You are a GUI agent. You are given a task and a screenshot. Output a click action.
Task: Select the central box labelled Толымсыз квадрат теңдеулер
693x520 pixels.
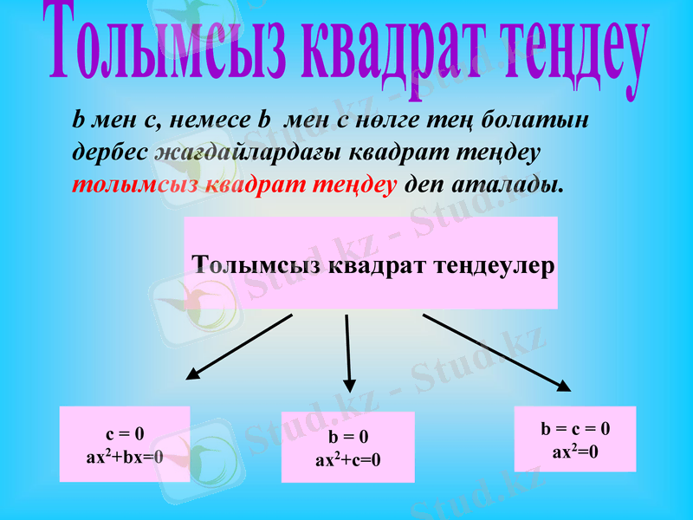pyautogui.click(x=371, y=263)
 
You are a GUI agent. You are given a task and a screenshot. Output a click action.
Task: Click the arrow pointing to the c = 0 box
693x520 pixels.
pyautogui.click(x=238, y=347)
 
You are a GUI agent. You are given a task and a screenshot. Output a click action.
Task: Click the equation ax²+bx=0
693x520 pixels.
pyautogui.click(x=125, y=454)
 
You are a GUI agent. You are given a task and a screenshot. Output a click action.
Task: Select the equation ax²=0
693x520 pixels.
pyautogui.click(x=575, y=451)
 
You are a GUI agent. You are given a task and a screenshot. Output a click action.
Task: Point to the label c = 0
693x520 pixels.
pyautogui.click(x=125, y=433)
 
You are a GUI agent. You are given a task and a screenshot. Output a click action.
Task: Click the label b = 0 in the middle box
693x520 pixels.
pyautogui.click(x=347, y=438)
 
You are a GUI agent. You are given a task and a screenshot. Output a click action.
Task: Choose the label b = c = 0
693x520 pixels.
pyautogui.click(x=575, y=428)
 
